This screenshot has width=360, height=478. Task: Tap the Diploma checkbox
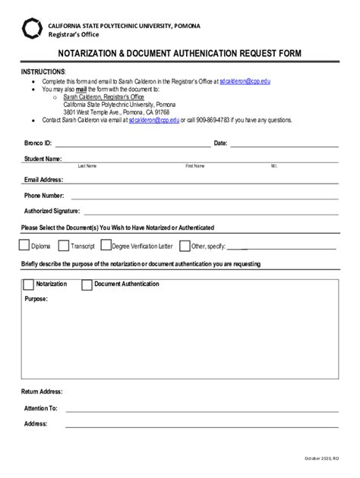tap(24, 246)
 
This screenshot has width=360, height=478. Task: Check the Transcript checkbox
tap(64, 246)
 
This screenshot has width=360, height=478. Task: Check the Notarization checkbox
tap(28, 285)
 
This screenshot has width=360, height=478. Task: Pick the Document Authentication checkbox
tap(88, 285)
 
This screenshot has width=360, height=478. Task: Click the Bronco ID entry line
tap(133, 144)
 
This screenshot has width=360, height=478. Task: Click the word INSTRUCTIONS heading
tap(43, 70)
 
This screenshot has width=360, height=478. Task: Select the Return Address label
tap(42, 392)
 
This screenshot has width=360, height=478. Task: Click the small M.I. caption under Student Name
tap(274, 165)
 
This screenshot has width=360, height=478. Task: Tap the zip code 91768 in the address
tap(160, 111)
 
